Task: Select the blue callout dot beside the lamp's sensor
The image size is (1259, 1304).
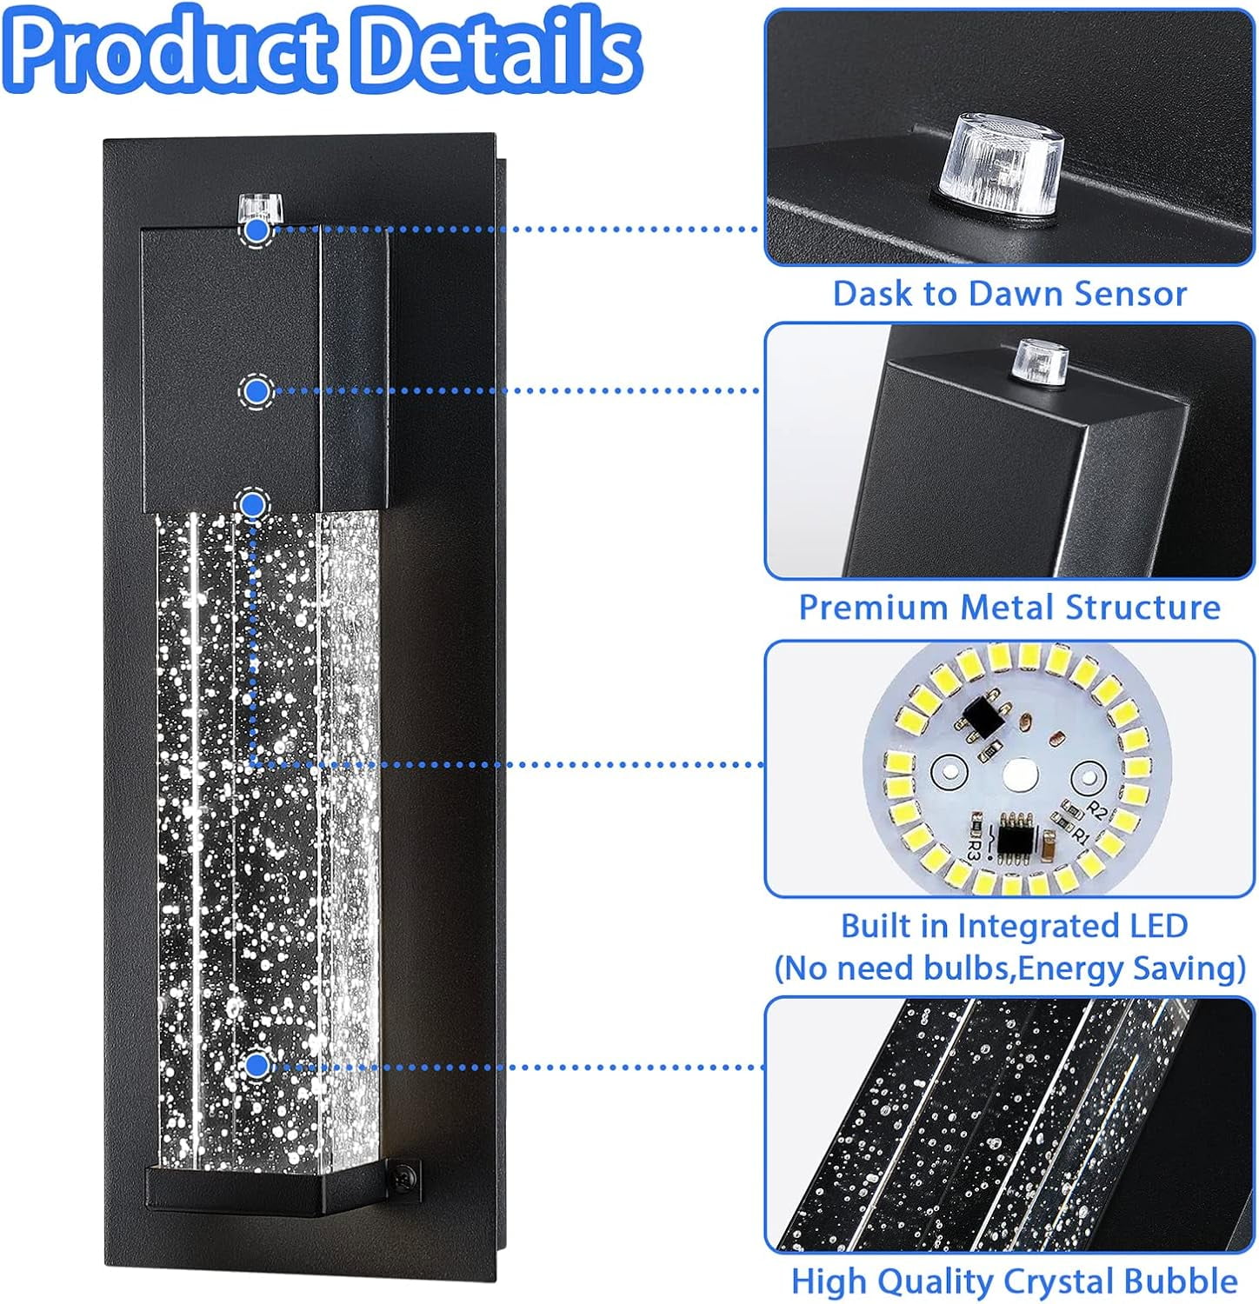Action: pos(256,230)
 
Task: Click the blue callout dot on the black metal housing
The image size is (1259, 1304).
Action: pos(256,391)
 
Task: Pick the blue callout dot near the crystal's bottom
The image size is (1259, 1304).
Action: pos(256,1066)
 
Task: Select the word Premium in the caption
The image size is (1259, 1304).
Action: pos(874,607)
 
